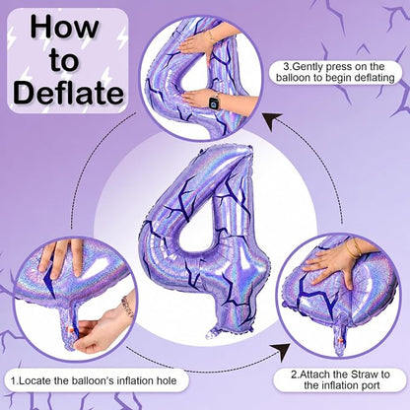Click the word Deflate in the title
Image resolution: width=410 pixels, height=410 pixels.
(x=69, y=93)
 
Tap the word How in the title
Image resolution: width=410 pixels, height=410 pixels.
(x=64, y=29)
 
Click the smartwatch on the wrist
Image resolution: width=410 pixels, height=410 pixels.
(x=214, y=102)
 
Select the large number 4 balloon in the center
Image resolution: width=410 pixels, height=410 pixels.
(x=204, y=241)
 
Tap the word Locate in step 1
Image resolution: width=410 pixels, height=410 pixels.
(x=35, y=380)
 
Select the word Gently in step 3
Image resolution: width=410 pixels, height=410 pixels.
(x=307, y=67)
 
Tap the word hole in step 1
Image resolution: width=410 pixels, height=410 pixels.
(x=167, y=380)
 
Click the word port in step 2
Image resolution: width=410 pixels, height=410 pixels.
(x=371, y=385)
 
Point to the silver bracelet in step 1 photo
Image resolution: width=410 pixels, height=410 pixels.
(x=127, y=306)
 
